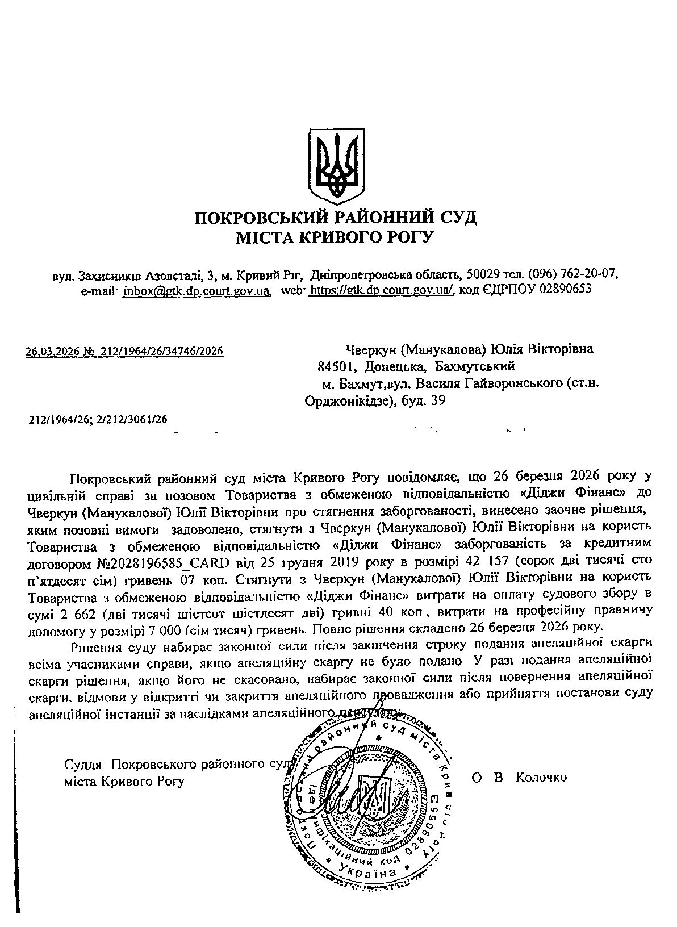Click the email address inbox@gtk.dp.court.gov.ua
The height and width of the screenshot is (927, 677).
click(196, 290)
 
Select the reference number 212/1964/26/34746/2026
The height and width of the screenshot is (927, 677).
click(162, 352)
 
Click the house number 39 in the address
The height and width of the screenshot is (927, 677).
click(438, 401)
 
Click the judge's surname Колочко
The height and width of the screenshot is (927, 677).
click(541, 777)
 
